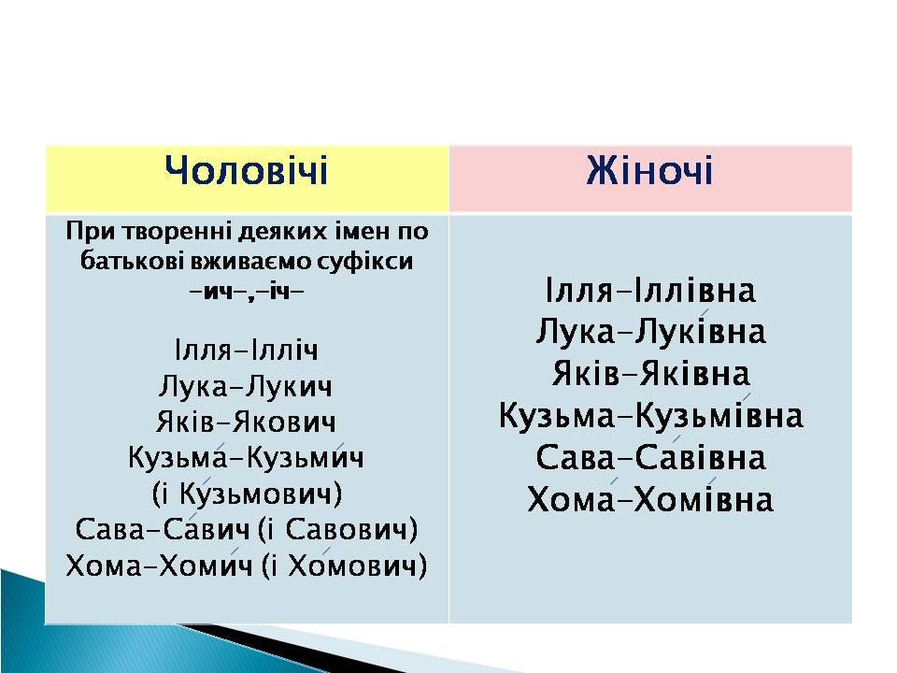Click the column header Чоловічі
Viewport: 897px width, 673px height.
click(x=246, y=170)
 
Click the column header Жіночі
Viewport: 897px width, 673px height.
click(x=650, y=170)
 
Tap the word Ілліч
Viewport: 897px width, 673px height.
click(x=283, y=350)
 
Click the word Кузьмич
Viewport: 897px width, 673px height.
click(x=306, y=457)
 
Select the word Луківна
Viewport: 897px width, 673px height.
click(x=700, y=332)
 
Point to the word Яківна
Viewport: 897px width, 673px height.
click(x=694, y=374)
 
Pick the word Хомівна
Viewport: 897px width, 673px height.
click(x=704, y=499)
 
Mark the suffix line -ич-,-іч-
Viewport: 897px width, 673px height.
click(x=246, y=292)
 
